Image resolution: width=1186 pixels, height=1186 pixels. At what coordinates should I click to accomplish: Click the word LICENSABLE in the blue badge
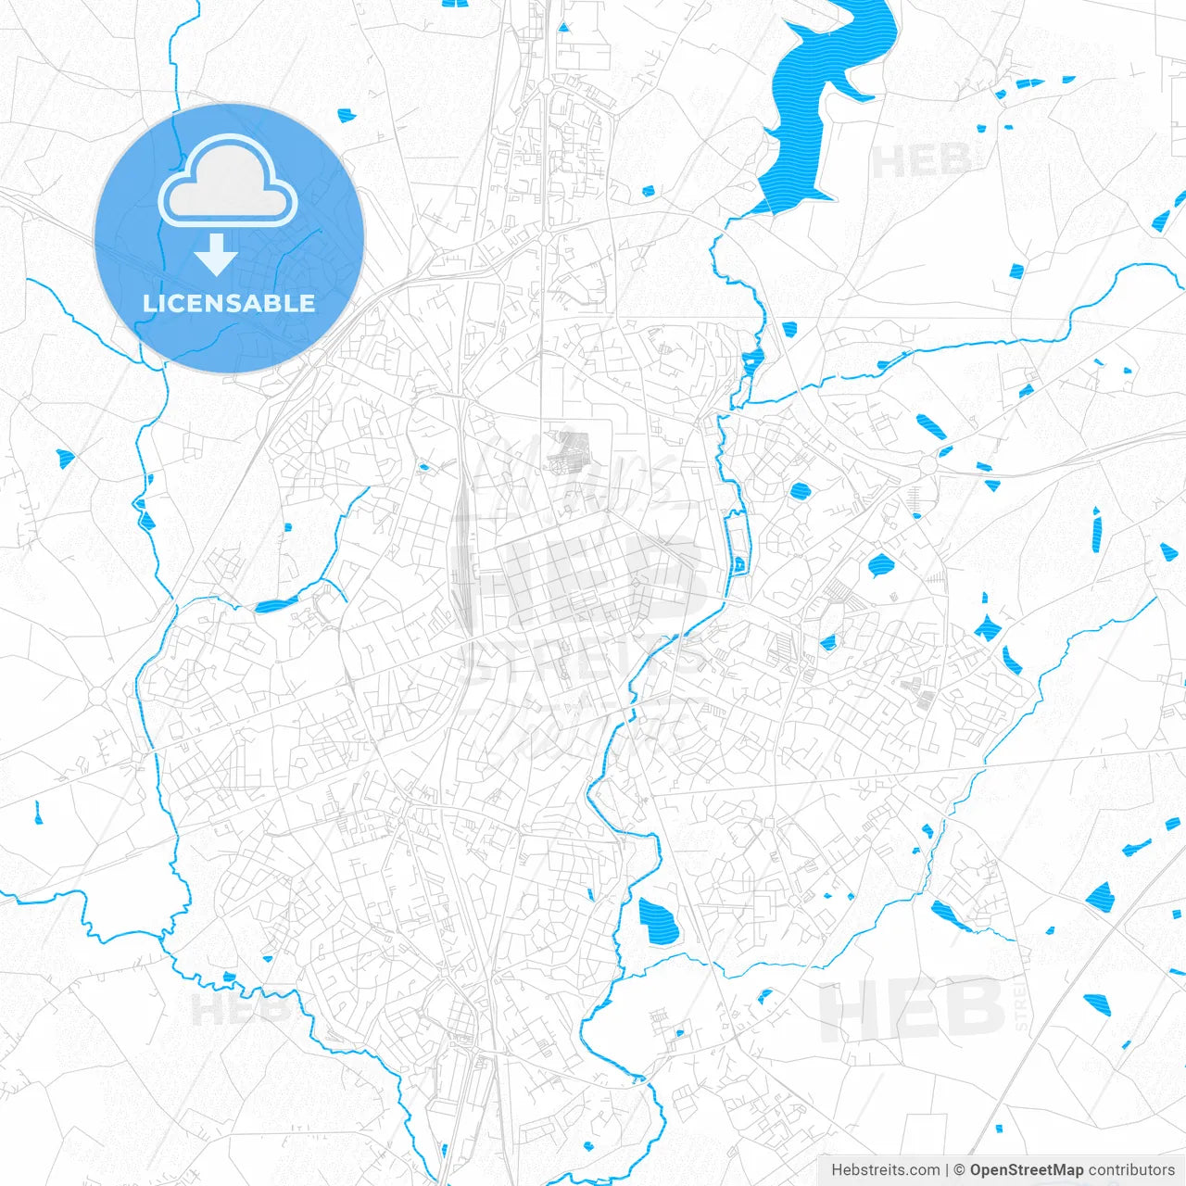[229, 304]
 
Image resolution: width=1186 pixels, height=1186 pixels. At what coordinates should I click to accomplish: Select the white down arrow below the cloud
[216, 255]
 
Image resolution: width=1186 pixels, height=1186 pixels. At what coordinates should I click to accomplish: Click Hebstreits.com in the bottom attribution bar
[885, 1170]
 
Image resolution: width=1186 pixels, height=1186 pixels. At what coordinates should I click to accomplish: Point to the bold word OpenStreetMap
[1027, 1170]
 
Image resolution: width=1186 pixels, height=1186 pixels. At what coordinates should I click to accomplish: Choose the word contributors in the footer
[1131, 1170]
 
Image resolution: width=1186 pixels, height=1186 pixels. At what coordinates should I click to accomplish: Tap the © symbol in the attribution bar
[959, 1170]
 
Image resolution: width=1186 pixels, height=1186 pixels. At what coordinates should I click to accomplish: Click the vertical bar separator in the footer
[946, 1170]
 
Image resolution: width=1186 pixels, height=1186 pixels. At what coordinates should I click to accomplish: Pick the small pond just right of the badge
[347, 115]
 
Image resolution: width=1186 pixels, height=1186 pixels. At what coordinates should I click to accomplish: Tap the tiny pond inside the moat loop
[739, 562]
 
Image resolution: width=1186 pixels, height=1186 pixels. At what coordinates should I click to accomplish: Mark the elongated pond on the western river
[275, 606]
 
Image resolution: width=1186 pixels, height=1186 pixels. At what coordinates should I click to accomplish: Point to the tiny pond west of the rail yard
[424, 467]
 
